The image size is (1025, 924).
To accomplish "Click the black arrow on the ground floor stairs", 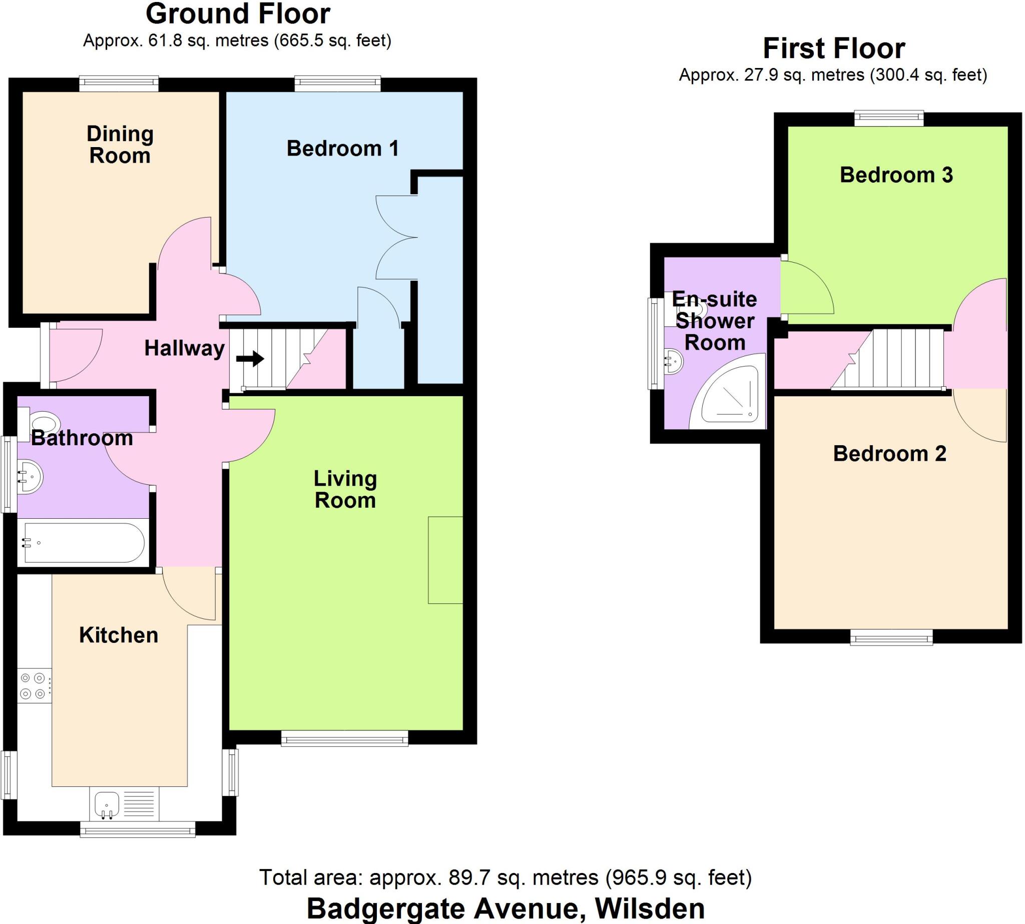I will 250,359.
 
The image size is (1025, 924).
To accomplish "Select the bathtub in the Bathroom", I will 84,543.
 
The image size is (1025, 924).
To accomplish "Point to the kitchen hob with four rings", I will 34,685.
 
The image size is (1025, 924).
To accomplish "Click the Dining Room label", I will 120,145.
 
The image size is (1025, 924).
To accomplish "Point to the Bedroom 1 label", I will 342,149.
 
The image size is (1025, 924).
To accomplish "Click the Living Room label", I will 345,489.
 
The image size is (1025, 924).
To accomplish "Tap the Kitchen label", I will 118,635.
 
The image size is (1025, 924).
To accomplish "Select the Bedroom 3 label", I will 896,175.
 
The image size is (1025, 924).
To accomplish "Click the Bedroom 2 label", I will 889,453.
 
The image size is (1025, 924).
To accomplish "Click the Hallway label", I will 184,348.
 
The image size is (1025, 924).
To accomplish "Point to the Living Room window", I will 344,739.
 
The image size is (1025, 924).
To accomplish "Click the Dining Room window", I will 119,84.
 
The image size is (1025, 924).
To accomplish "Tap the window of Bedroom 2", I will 891,637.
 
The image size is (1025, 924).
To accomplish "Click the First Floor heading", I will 833,49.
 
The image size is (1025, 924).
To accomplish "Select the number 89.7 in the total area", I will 467,877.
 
